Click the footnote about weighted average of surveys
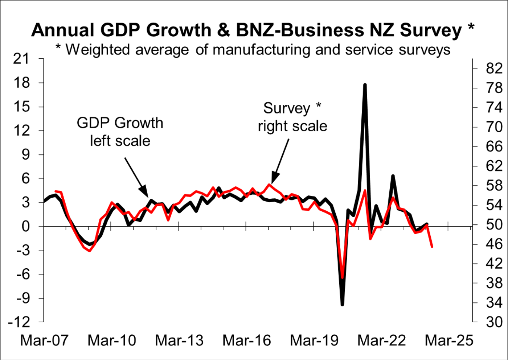coord(253,50)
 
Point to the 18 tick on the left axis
coord(21,83)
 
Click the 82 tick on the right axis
coord(494,69)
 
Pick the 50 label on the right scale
coord(494,225)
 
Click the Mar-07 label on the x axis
coord(44,340)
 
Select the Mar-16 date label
coord(247,340)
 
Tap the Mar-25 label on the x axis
coord(449,340)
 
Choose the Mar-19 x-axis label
coord(314,340)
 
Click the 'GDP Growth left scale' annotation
coord(120,132)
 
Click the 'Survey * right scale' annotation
coord(292,117)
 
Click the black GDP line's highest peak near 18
coord(365,85)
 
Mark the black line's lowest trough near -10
coord(342,305)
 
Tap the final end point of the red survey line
coord(432,247)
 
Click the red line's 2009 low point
coord(90,251)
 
